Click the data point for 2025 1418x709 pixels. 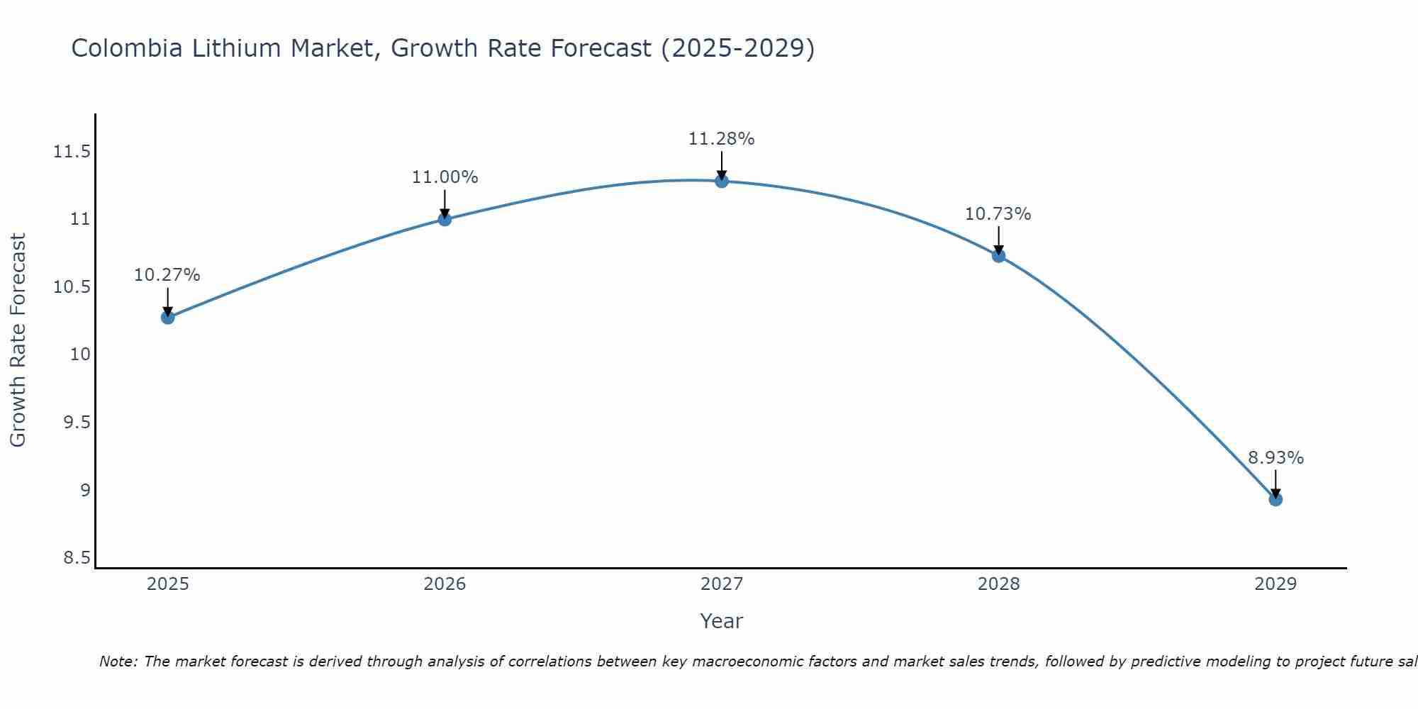[x=167, y=317]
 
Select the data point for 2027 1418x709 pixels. [x=722, y=181]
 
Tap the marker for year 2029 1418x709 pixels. [x=1275, y=499]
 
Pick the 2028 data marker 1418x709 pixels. [x=998, y=255]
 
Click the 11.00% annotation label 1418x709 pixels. [x=445, y=177]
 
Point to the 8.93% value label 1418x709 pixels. [x=1275, y=458]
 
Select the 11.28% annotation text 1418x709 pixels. [x=722, y=139]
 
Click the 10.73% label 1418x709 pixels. [x=998, y=214]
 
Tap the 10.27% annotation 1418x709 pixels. [x=167, y=275]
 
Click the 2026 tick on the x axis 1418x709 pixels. [x=445, y=584]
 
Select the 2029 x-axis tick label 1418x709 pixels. [x=1275, y=584]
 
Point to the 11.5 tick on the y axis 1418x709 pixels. [x=72, y=152]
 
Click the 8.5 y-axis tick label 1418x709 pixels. [x=77, y=558]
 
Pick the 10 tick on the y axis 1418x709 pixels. [x=81, y=354]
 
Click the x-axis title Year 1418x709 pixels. [x=721, y=621]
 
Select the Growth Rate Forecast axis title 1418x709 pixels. [x=18, y=340]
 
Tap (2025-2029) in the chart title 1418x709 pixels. [x=737, y=48]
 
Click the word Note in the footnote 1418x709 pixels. [x=118, y=661]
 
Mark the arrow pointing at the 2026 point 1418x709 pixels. [x=445, y=204]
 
